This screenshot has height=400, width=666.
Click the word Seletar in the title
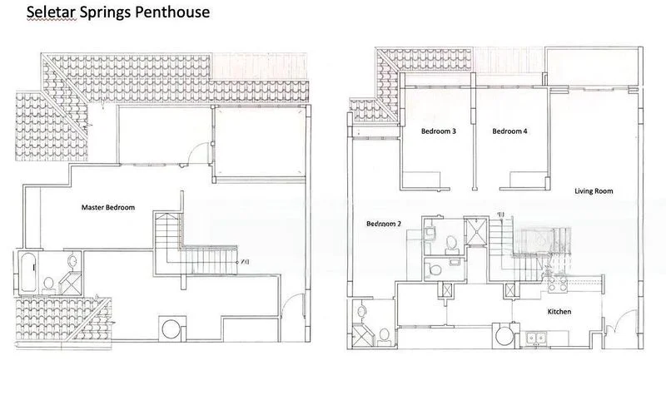[x=52, y=12]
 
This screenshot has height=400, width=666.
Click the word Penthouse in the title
[x=172, y=12]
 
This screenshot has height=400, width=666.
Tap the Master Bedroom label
[x=108, y=207]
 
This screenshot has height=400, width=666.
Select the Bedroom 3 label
[x=439, y=131]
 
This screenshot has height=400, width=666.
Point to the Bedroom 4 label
[x=509, y=131]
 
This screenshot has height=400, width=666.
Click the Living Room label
[x=594, y=191]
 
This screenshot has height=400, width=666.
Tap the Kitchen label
[x=559, y=311]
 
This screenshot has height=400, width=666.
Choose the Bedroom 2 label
[x=384, y=224]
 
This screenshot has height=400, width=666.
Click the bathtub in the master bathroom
[x=27, y=272]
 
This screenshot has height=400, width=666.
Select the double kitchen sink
[x=536, y=338]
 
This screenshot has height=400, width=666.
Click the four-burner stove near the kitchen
[x=558, y=284]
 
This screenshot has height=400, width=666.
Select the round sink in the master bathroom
[x=72, y=260]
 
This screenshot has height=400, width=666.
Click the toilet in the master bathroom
[x=48, y=284]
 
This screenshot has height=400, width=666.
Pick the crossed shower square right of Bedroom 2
[x=475, y=232]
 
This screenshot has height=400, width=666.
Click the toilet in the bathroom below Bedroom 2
[x=384, y=336]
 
